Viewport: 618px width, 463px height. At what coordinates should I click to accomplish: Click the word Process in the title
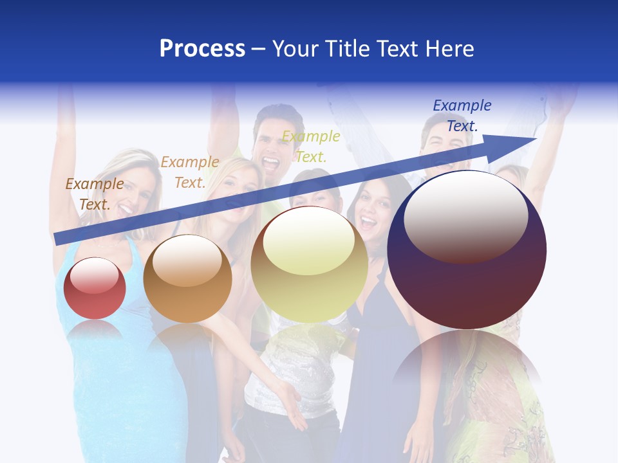[x=202, y=49]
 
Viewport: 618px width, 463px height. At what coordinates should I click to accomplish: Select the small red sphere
[x=95, y=289]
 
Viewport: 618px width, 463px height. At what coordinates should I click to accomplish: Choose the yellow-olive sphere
[x=309, y=265]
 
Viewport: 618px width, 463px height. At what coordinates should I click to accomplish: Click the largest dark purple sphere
[x=467, y=251]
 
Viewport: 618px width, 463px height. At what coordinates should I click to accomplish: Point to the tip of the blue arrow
[x=534, y=138]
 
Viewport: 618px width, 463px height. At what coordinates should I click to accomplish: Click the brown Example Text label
[x=95, y=194]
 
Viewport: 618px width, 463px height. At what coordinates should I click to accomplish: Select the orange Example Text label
[x=190, y=172]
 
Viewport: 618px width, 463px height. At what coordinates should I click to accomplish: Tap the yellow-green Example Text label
[x=311, y=146]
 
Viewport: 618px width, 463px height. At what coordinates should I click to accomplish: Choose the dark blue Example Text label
[x=462, y=116]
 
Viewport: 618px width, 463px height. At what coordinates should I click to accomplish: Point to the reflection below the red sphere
[x=95, y=331]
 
